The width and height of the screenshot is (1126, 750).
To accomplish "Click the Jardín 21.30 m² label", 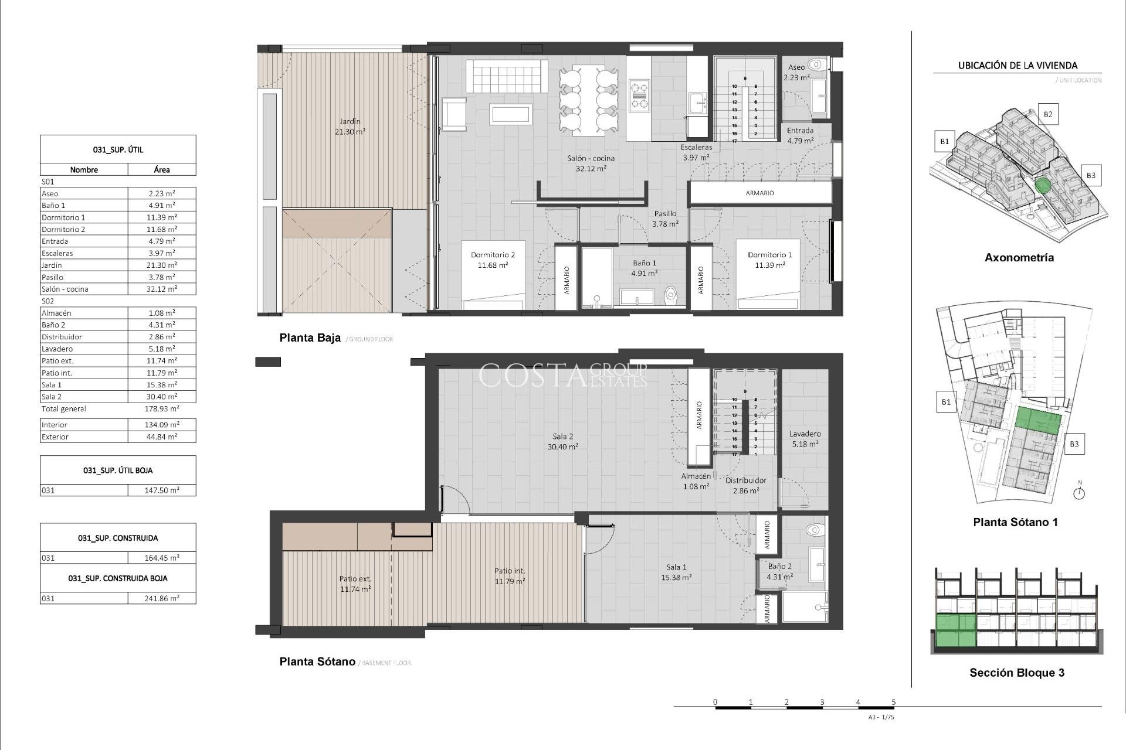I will point(350,127).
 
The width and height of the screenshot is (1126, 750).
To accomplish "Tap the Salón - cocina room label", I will point(591,163).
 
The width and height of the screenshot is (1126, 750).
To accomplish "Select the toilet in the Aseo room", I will point(816,65).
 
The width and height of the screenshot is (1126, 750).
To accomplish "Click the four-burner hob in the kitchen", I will point(639,96).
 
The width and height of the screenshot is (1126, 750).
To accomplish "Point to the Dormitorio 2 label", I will point(493,260).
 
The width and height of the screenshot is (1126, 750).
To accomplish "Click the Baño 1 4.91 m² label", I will point(644,268).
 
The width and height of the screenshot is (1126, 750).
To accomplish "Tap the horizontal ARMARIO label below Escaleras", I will point(759,193).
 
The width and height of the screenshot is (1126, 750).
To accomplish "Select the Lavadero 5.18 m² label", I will point(805,439).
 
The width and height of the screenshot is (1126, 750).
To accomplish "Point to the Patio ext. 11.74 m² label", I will point(355,584).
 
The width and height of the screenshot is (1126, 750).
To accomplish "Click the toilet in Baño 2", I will point(815,530).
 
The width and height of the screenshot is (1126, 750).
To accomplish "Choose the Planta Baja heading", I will point(310,338).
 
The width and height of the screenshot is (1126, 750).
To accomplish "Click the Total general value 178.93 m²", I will point(162,409).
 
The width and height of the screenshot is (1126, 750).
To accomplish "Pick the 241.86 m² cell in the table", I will point(162,598).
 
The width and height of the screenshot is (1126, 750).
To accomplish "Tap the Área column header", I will point(162,170).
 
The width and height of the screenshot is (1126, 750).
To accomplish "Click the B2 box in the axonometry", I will point(1047,114).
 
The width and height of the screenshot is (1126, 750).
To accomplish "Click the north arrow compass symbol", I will point(1078,493).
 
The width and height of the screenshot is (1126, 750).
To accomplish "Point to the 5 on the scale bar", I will point(893,702).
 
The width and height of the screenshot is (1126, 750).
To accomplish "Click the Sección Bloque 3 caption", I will point(1016,673).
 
